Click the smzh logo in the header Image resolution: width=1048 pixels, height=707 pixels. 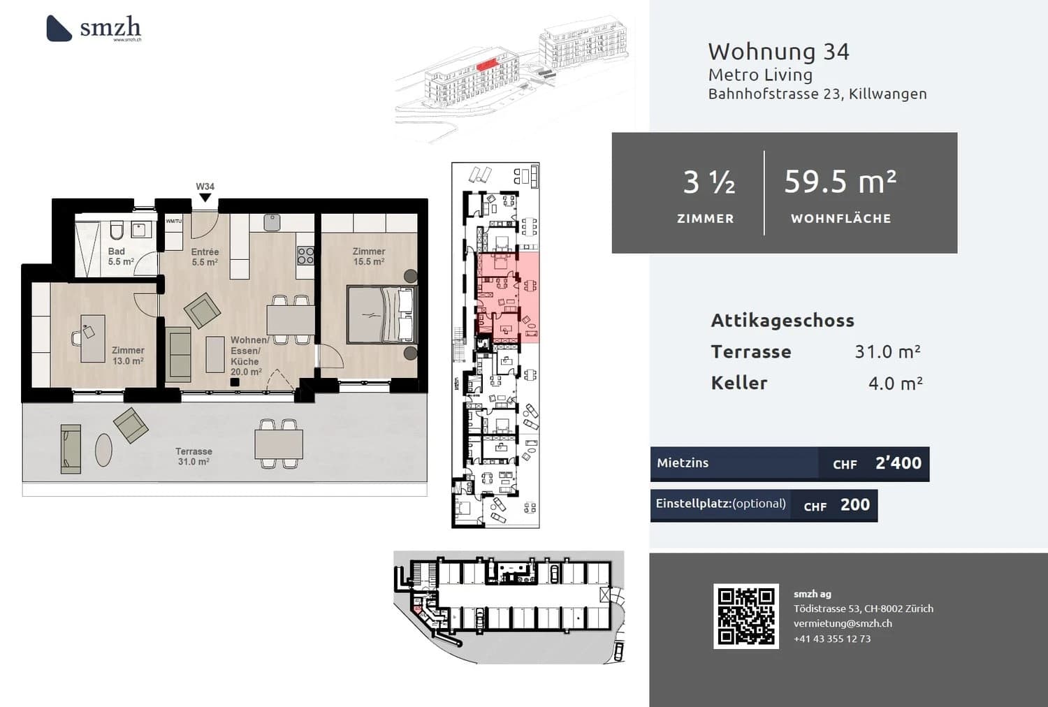pyautogui.click(x=94, y=28)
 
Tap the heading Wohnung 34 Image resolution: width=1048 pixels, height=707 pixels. pyautogui.click(x=778, y=52)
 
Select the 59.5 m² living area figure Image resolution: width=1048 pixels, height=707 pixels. pyautogui.click(x=840, y=182)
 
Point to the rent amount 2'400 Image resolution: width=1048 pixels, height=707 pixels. pyautogui.click(x=898, y=463)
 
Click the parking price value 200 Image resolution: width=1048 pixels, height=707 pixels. pyautogui.click(x=854, y=504)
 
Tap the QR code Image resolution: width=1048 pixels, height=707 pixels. pyautogui.click(x=745, y=616)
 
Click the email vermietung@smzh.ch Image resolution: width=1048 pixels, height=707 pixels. pyautogui.click(x=843, y=623)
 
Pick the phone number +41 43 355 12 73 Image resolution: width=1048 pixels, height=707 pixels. pyautogui.click(x=832, y=639)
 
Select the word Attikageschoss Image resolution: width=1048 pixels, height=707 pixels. pyautogui.click(x=783, y=321)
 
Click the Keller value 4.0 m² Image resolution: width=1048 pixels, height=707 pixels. pyautogui.click(x=895, y=384)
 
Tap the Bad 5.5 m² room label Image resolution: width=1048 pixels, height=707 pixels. pyautogui.click(x=120, y=256)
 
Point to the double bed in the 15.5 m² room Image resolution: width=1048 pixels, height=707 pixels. pyautogui.click(x=381, y=314)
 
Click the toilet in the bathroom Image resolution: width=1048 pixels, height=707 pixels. pyautogui.click(x=117, y=230)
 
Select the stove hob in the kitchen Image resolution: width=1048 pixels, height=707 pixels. pyautogui.click(x=305, y=256)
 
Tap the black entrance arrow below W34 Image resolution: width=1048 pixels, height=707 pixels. pyautogui.click(x=205, y=198)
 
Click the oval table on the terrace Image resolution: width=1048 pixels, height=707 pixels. pyautogui.click(x=103, y=449)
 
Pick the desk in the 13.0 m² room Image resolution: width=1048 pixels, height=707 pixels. pyautogui.click(x=92, y=338)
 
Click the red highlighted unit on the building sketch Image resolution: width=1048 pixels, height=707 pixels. pyautogui.click(x=487, y=64)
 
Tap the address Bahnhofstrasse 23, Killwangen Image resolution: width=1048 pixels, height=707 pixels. pyautogui.click(x=817, y=94)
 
